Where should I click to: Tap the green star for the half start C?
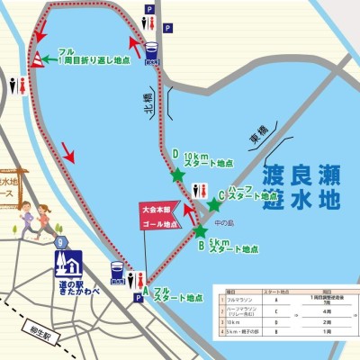[x=213, y=205]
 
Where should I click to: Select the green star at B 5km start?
[x=201, y=231]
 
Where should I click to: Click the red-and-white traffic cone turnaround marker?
[x=37, y=59]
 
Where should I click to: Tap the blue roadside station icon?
[x=68, y=264]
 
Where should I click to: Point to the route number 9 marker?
[x=60, y=241]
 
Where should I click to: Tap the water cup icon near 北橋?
[x=152, y=50]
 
